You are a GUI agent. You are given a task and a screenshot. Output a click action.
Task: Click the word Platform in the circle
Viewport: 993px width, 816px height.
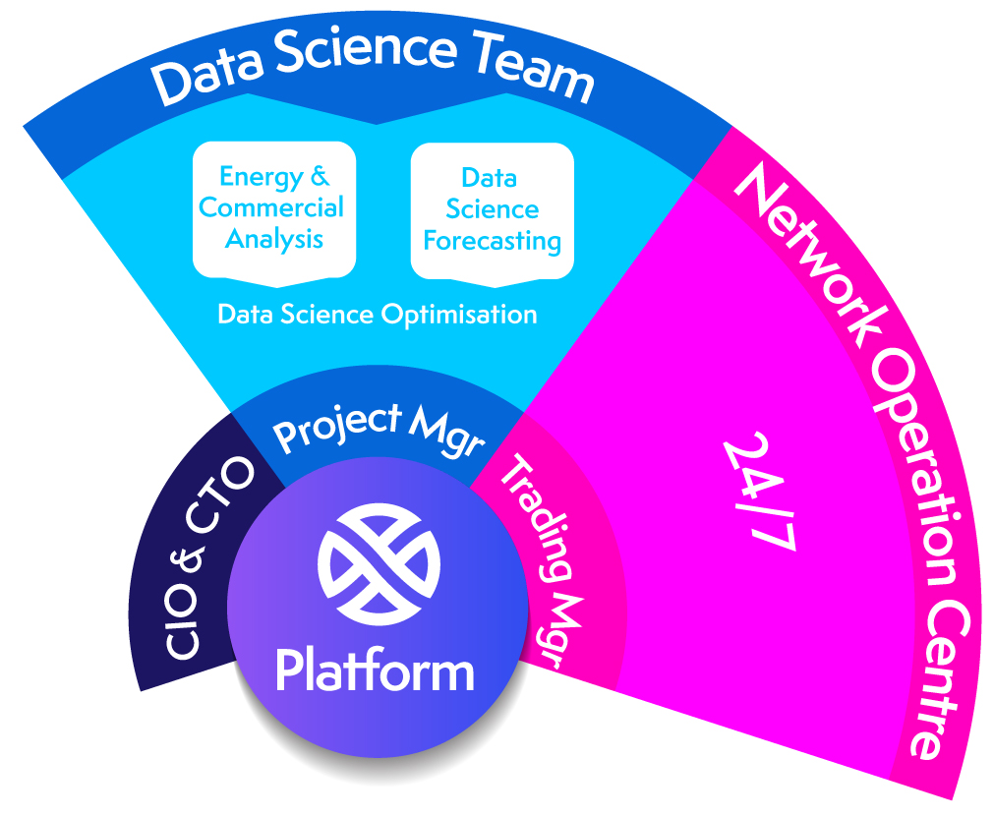(376, 670)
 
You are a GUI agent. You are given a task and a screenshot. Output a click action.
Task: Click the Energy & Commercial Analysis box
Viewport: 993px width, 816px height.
(272, 208)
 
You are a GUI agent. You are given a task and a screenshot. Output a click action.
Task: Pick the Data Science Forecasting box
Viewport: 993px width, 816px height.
(492, 209)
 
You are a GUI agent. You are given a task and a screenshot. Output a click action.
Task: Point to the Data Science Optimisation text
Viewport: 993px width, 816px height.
(378, 315)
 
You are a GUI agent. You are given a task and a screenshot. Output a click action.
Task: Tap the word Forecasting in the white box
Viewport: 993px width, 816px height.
(492, 241)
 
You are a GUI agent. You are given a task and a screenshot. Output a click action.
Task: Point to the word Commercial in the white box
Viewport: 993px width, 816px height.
(272, 208)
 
